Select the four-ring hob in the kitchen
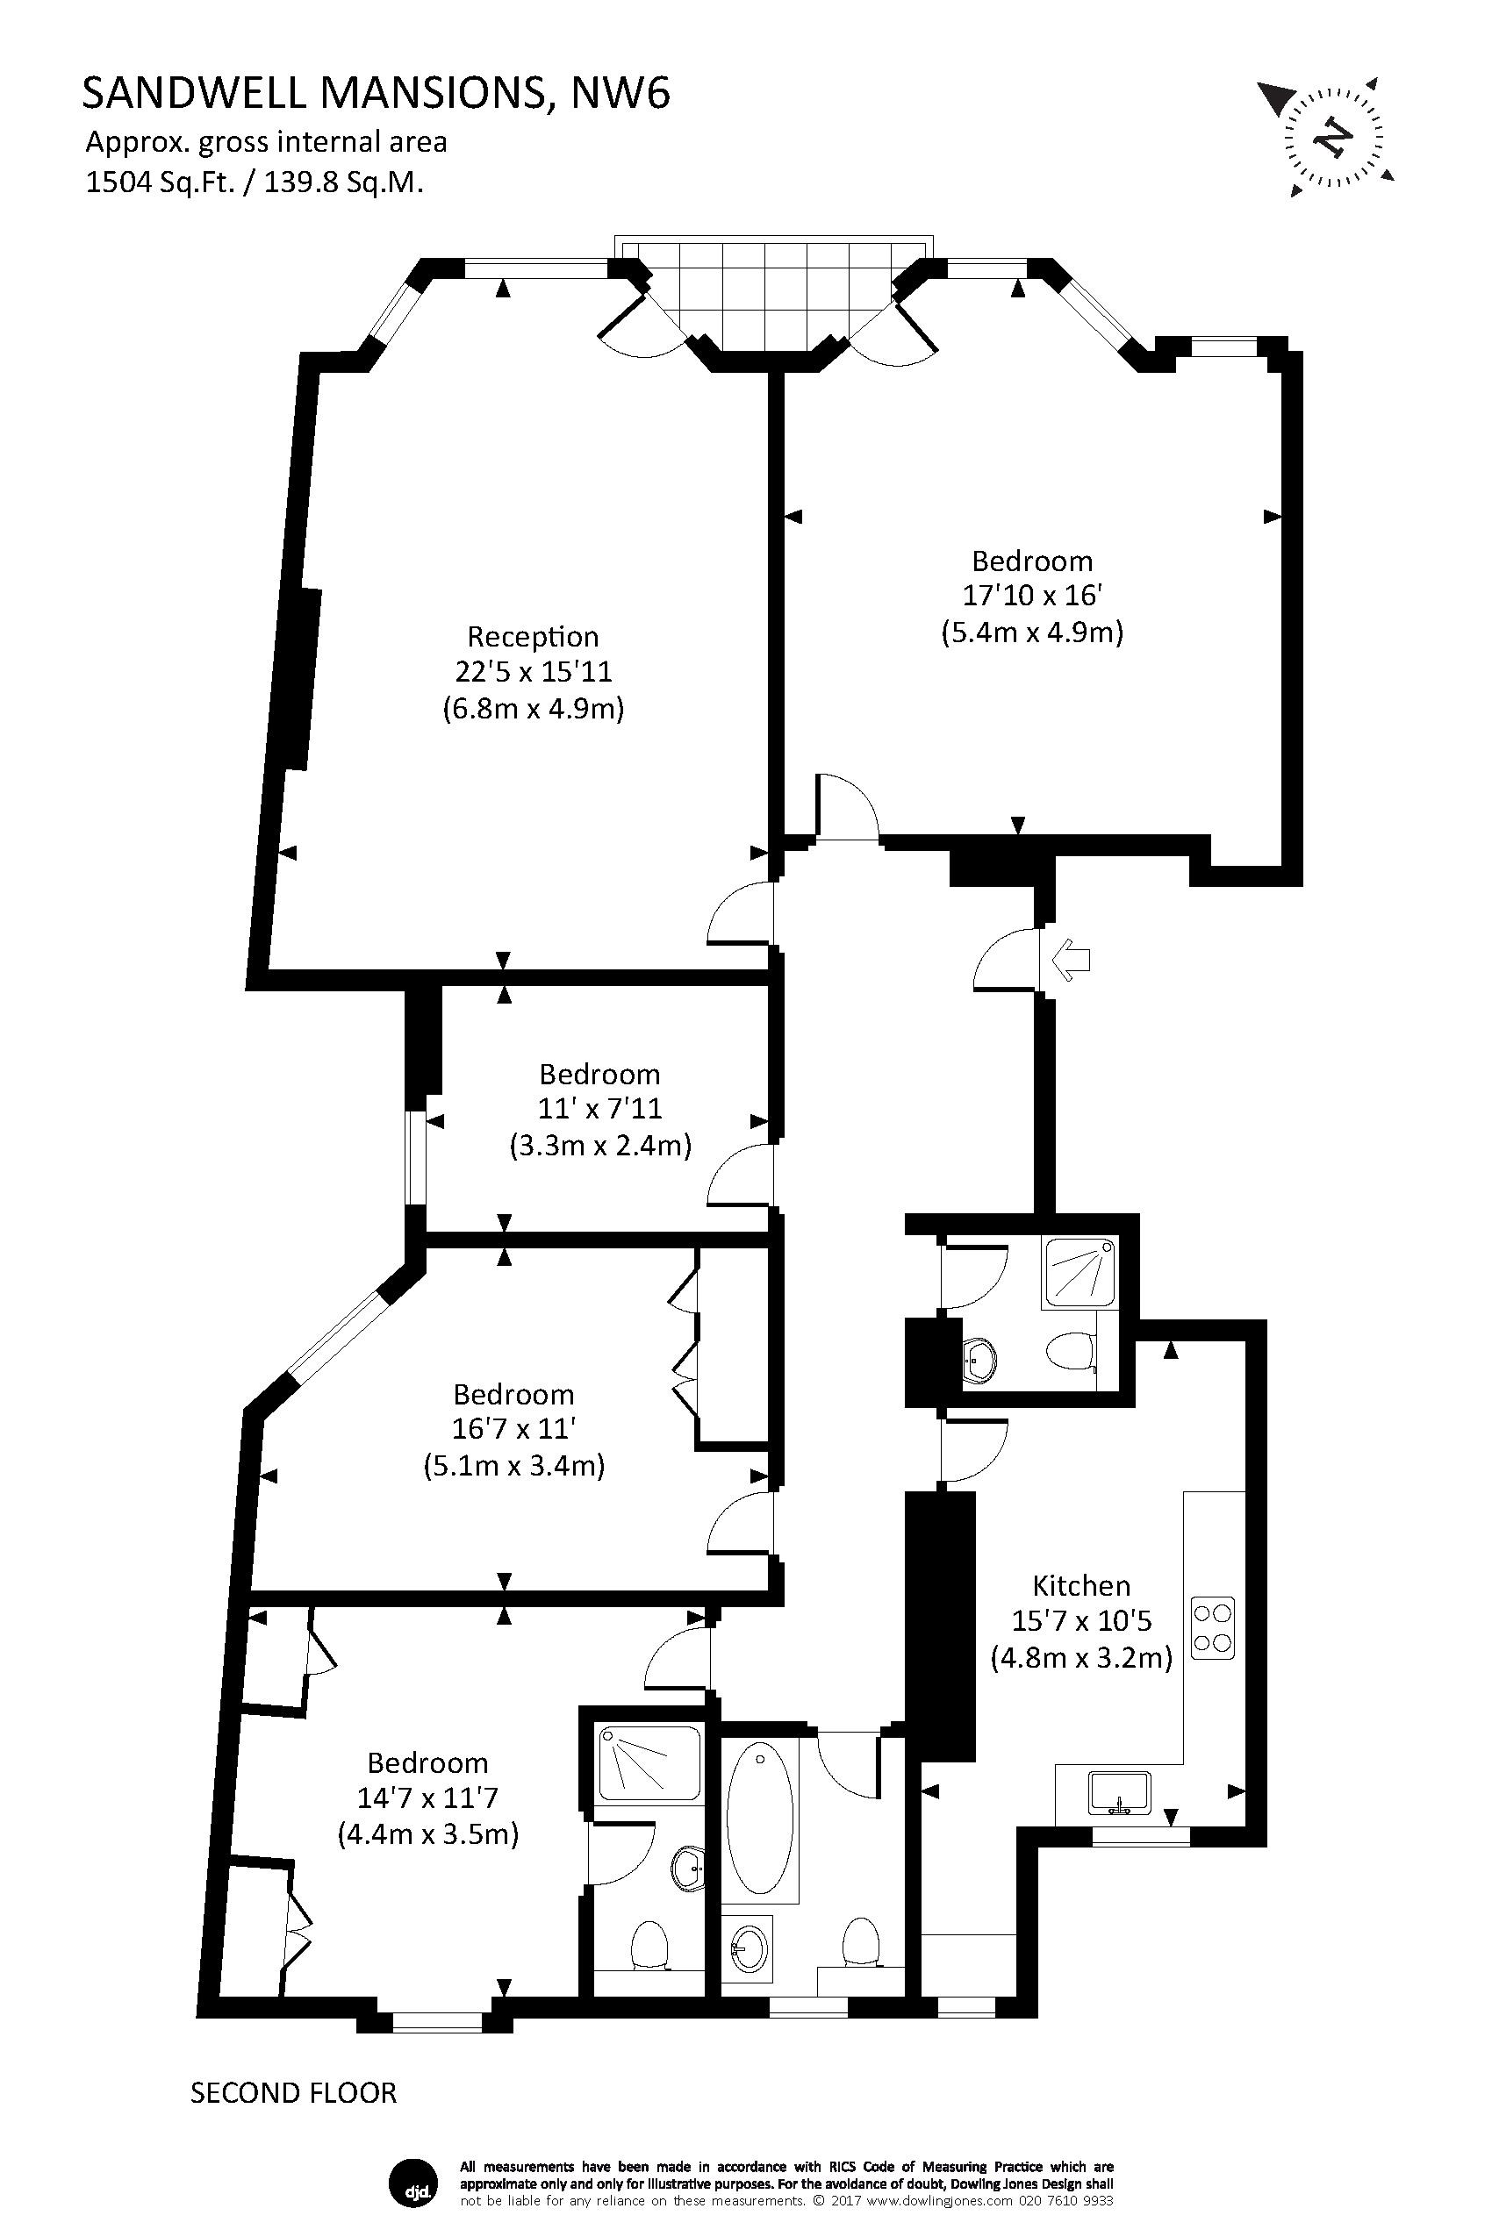pyautogui.click(x=1213, y=1627)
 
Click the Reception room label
pyautogui.click(x=532, y=636)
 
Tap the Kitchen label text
pyautogui.click(x=1081, y=1585)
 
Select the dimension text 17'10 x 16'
pyautogui.click(x=1031, y=597)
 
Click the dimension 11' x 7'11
pyautogui.click(x=599, y=1109)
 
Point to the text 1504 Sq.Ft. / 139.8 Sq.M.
pyautogui.click(x=254, y=182)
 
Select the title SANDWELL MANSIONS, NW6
pyautogui.click(x=376, y=94)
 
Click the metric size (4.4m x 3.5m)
pyautogui.click(x=427, y=1833)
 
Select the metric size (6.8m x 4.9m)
pyautogui.click(x=533, y=709)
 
